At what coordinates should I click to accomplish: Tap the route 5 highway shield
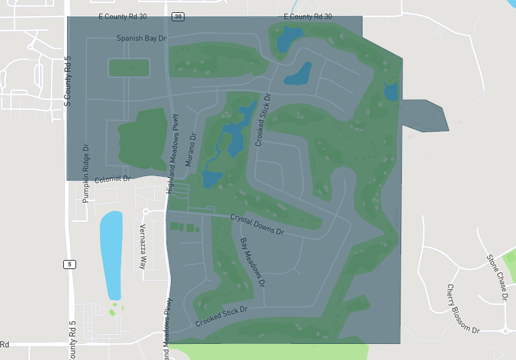tap(69, 264)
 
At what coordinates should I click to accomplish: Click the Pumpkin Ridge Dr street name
tap(85, 174)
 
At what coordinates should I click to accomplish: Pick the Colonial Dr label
tap(113, 179)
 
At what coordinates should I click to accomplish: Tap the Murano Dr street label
tap(190, 150)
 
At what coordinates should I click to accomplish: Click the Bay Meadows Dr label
tap(252, 262)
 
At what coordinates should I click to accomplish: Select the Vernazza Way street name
tap(143, 246)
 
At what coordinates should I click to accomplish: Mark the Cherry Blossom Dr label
tap(463, 308)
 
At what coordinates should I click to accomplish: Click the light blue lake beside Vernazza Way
tap(111, 252)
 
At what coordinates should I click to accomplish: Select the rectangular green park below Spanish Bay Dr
tap(129, 67)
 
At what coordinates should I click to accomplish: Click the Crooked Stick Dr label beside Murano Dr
tap(263, 119)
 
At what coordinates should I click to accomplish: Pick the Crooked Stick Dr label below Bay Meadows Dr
tap(221, 317)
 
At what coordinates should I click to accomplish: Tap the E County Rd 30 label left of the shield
tap(125, 16)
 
